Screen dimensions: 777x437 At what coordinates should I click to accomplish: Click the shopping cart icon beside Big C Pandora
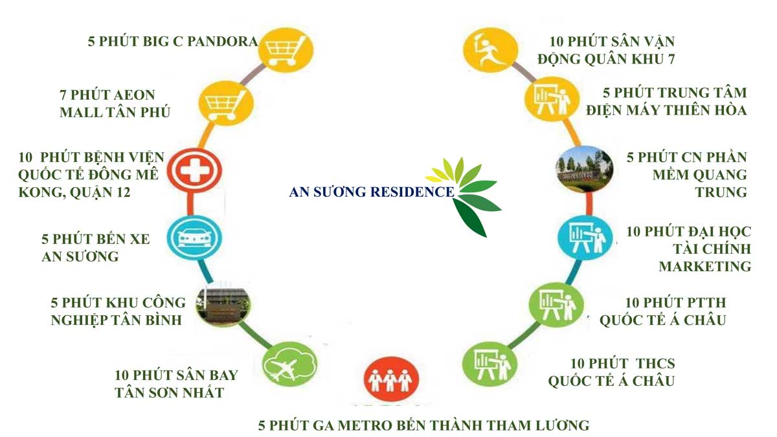[x=286, y=50]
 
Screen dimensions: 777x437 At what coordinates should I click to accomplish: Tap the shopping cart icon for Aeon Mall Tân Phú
[x=226, y=103]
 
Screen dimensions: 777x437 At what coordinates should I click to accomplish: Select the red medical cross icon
[x=194, y=170]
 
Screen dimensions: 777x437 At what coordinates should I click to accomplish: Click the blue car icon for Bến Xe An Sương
[x=194, y=238]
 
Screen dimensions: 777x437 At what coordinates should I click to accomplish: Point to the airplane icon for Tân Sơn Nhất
[x=289, y=364]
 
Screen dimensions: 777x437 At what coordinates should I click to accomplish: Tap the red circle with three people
[x=391, y=379]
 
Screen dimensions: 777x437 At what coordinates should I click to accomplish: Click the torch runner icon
[x=491, y=50]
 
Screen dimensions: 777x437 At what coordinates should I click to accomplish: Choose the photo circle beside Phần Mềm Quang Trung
[x=585, y=169]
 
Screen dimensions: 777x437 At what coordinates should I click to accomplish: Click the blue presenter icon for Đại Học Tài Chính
[x=585, y=238]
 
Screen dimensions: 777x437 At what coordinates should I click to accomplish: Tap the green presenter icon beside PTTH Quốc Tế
[x=556, y=305]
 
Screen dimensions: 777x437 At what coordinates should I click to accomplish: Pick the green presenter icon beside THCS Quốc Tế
[x=490, y=364]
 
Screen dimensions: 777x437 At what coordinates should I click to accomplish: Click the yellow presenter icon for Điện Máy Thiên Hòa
[x=552, y=99]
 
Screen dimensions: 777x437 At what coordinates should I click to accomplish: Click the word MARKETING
[x=705, y=267]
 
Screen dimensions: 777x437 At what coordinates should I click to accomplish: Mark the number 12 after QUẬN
[x=123, y=192]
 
